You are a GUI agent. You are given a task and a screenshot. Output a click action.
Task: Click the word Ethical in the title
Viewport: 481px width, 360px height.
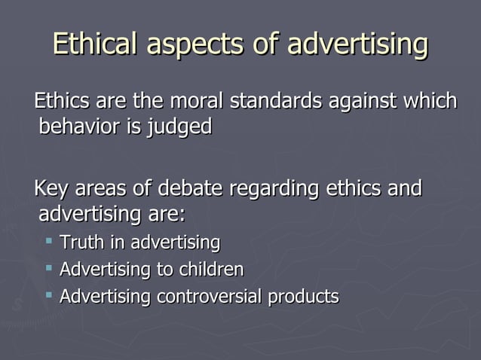click(x=96, y=44)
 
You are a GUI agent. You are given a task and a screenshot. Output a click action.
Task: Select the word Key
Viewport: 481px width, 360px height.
click(x=51, y=188)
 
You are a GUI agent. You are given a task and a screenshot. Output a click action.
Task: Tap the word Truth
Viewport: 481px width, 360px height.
click(x=82, y=243)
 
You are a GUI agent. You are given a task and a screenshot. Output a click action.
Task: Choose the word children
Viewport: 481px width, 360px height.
click(x=211, y=269)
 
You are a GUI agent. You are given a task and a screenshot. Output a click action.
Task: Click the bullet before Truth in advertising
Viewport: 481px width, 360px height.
click(x=48, y=242)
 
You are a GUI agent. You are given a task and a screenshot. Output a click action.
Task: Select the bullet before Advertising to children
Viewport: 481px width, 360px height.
click(x=48, y=268)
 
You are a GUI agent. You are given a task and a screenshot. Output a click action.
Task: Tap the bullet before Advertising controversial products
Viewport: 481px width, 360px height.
click(x=48, y=295)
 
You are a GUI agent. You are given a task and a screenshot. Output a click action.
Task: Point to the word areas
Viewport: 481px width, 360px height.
click(x=103, y=188)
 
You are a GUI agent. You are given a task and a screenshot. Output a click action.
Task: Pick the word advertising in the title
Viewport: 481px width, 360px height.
click(x=357, y=44)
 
